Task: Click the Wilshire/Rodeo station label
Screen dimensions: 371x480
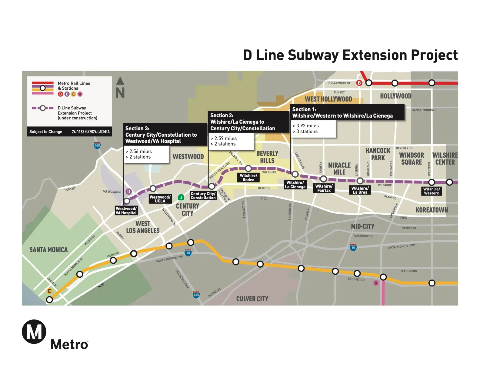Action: [248, 178]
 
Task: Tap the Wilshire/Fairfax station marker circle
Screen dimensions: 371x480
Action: [323, 179]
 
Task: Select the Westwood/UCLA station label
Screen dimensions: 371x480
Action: [160, 199]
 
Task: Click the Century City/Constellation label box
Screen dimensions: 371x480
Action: [203, 196]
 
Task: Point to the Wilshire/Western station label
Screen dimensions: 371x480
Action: [432, 191]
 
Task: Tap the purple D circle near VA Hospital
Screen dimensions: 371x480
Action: [129, 192]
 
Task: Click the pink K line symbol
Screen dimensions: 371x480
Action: [376, 283]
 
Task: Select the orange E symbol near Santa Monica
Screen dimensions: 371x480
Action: [49, 291]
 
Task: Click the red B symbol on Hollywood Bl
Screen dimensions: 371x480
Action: [359, 83]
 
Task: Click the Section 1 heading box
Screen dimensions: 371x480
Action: [347, 112]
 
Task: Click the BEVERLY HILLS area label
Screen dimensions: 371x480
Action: [267, 157]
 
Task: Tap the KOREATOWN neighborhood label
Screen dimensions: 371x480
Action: [432, 210]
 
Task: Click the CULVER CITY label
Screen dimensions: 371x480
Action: [252, 299]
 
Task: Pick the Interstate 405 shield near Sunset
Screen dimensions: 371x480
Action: [97, 145]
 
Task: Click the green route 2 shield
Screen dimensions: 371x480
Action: [181, 197]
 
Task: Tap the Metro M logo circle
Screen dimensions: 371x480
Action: [34, 332]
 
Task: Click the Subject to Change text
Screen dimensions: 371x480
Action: [46, 132]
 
